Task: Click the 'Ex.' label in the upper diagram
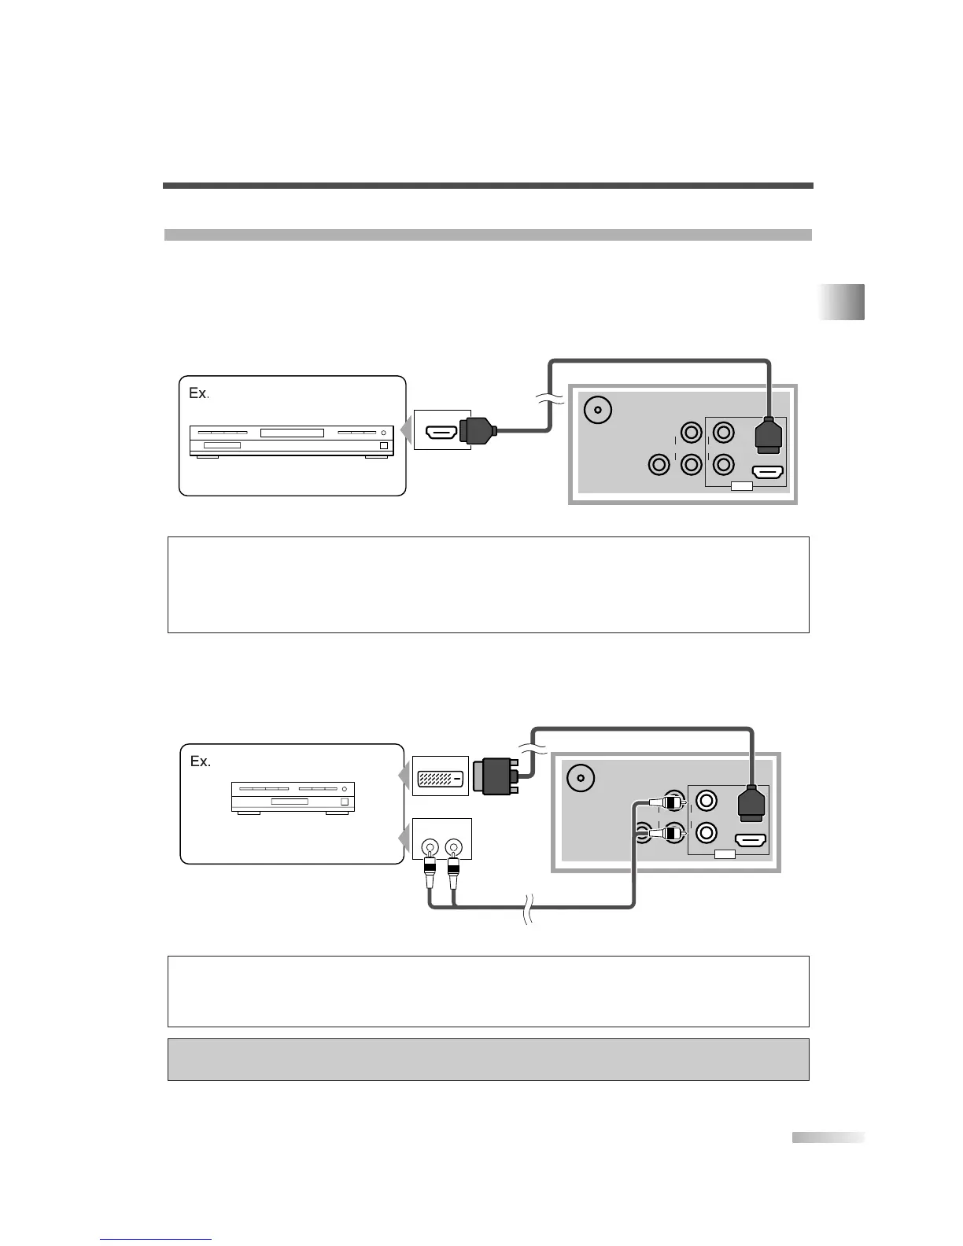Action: pyautogui.click(x=198, y=393)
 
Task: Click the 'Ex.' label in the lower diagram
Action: pyautogui.click(x=201, y=761)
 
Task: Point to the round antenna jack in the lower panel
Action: pyautogui.click(x=580, y=777)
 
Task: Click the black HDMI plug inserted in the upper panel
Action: pyautogui.click(x=768, y=435)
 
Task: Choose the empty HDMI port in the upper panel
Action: pyautogui.click(x=768, y=473)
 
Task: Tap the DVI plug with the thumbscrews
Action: pyautogui.click(x=499, y=776)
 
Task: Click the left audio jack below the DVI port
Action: pyautogui.click(x=430, y=848)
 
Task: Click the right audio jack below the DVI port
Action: pyautogui.click(x=452, y=848)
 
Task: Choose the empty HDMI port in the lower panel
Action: pyautogui.click(x=751, y=840)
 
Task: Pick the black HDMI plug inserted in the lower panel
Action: pyautogui.click(x=751, y=804)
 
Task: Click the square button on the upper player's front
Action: pyautogui.click(x=384, y=446)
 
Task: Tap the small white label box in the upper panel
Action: pyautogui.click(x=741, y=486)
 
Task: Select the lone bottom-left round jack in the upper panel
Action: pyautogui.click(x=659, y=465)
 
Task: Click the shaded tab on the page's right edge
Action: pyautogui.click(x=841, y=302)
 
